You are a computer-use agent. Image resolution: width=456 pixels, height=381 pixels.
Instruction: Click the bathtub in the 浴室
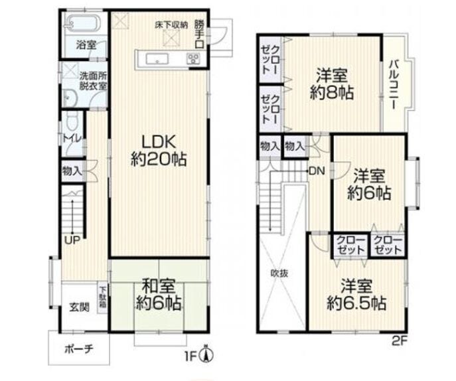click(83, 23)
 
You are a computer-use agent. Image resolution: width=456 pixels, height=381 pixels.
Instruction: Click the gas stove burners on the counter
click(192, 59)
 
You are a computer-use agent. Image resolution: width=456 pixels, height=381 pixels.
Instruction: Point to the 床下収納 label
click(172, 25)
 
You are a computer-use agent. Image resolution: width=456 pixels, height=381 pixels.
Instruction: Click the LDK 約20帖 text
click(159, 151)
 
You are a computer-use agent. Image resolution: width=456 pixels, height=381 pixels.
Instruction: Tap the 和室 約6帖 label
click(159, 295)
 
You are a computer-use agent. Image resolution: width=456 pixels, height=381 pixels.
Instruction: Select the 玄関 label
click(80, 307)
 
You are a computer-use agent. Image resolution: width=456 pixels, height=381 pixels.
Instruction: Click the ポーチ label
click(79, 348)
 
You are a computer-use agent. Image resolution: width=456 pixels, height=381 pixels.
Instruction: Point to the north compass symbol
click(207, 354)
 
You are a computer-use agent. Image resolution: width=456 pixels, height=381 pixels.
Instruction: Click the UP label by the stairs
click(72, 240)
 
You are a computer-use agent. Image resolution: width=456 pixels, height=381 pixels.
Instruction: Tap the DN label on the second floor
click(317, 171)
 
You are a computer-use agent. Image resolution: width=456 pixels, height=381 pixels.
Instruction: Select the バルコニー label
click(394, 84)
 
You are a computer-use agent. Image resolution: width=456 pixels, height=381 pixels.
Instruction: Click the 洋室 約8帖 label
click(332, 84)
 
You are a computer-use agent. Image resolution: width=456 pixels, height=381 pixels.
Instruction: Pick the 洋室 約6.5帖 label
click(356, 295)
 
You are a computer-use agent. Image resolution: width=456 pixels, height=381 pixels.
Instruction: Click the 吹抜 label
click(279, 273)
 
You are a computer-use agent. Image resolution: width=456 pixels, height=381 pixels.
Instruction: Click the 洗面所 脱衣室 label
click(94, 80)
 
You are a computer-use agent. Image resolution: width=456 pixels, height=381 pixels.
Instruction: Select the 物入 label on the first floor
click(72, 171)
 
